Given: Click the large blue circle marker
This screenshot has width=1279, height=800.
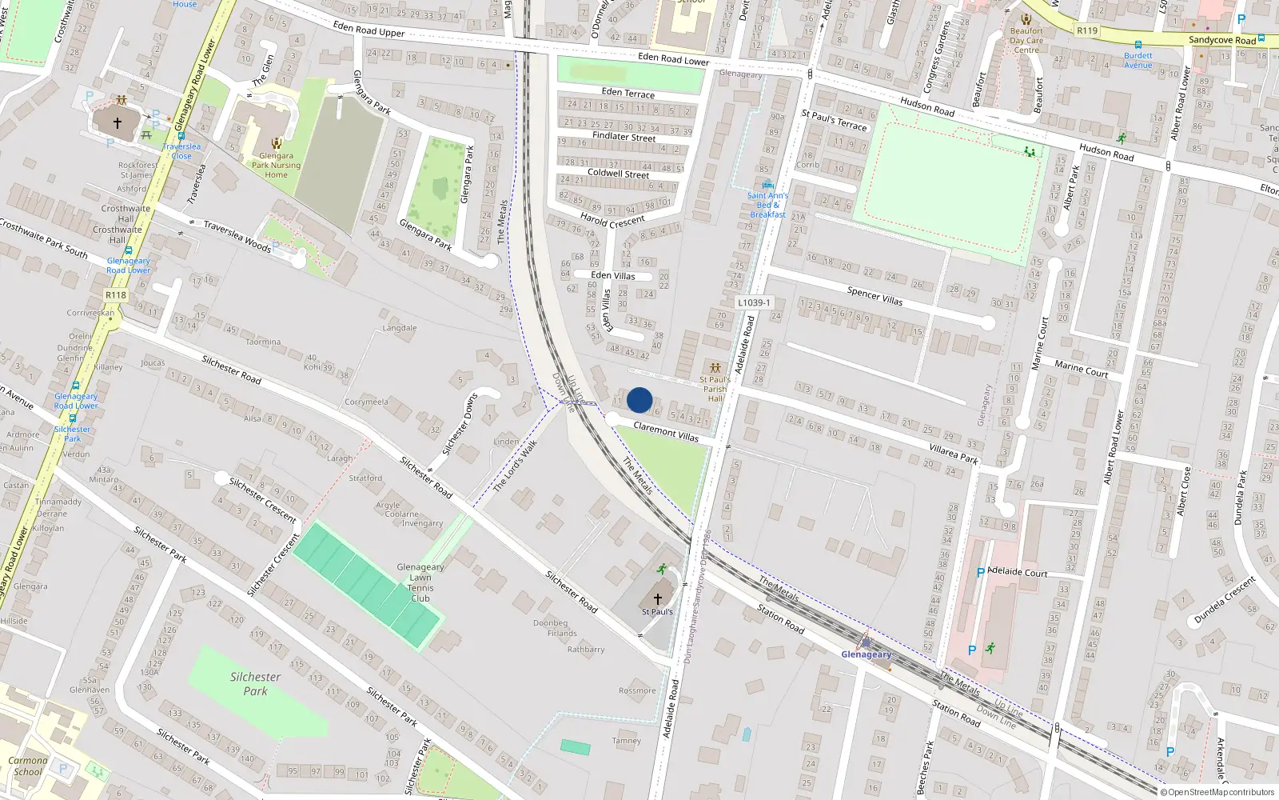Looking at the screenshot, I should point(639,400).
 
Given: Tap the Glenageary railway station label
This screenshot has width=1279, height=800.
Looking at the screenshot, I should point(866,654).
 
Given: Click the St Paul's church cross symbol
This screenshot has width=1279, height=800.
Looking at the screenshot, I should point(658,598).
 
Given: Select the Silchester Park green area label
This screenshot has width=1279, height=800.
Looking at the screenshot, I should point(255,684).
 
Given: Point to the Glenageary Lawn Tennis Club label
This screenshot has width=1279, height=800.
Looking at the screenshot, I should point(420,582).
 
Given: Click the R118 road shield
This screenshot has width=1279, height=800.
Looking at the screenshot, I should point(116,295).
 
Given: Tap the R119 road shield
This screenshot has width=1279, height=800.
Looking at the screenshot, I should point(1087,30).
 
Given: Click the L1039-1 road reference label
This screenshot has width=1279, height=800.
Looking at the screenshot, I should point(754,303).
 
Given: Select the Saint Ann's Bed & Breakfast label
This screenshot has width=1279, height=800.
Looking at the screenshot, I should point(767,205).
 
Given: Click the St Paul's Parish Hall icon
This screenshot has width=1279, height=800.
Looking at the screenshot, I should point(715,368).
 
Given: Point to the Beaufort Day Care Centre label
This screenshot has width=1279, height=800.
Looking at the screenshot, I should point(1026,40).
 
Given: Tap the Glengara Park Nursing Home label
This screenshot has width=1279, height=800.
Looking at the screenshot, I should point(276,166).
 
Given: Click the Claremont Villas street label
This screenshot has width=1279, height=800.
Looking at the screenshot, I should point(666,432).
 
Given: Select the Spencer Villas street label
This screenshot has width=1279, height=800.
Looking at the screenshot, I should point(875,296).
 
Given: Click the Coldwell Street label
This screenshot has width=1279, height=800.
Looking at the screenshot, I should point(618,174).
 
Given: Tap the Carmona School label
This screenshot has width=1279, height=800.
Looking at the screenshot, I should point(28,766).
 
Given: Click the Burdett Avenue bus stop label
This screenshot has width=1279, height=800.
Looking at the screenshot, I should point(1138,60).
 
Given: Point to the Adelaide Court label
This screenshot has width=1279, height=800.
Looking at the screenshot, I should point(1017,572).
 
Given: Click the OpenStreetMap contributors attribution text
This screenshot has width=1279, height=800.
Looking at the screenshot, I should point(1217,792).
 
